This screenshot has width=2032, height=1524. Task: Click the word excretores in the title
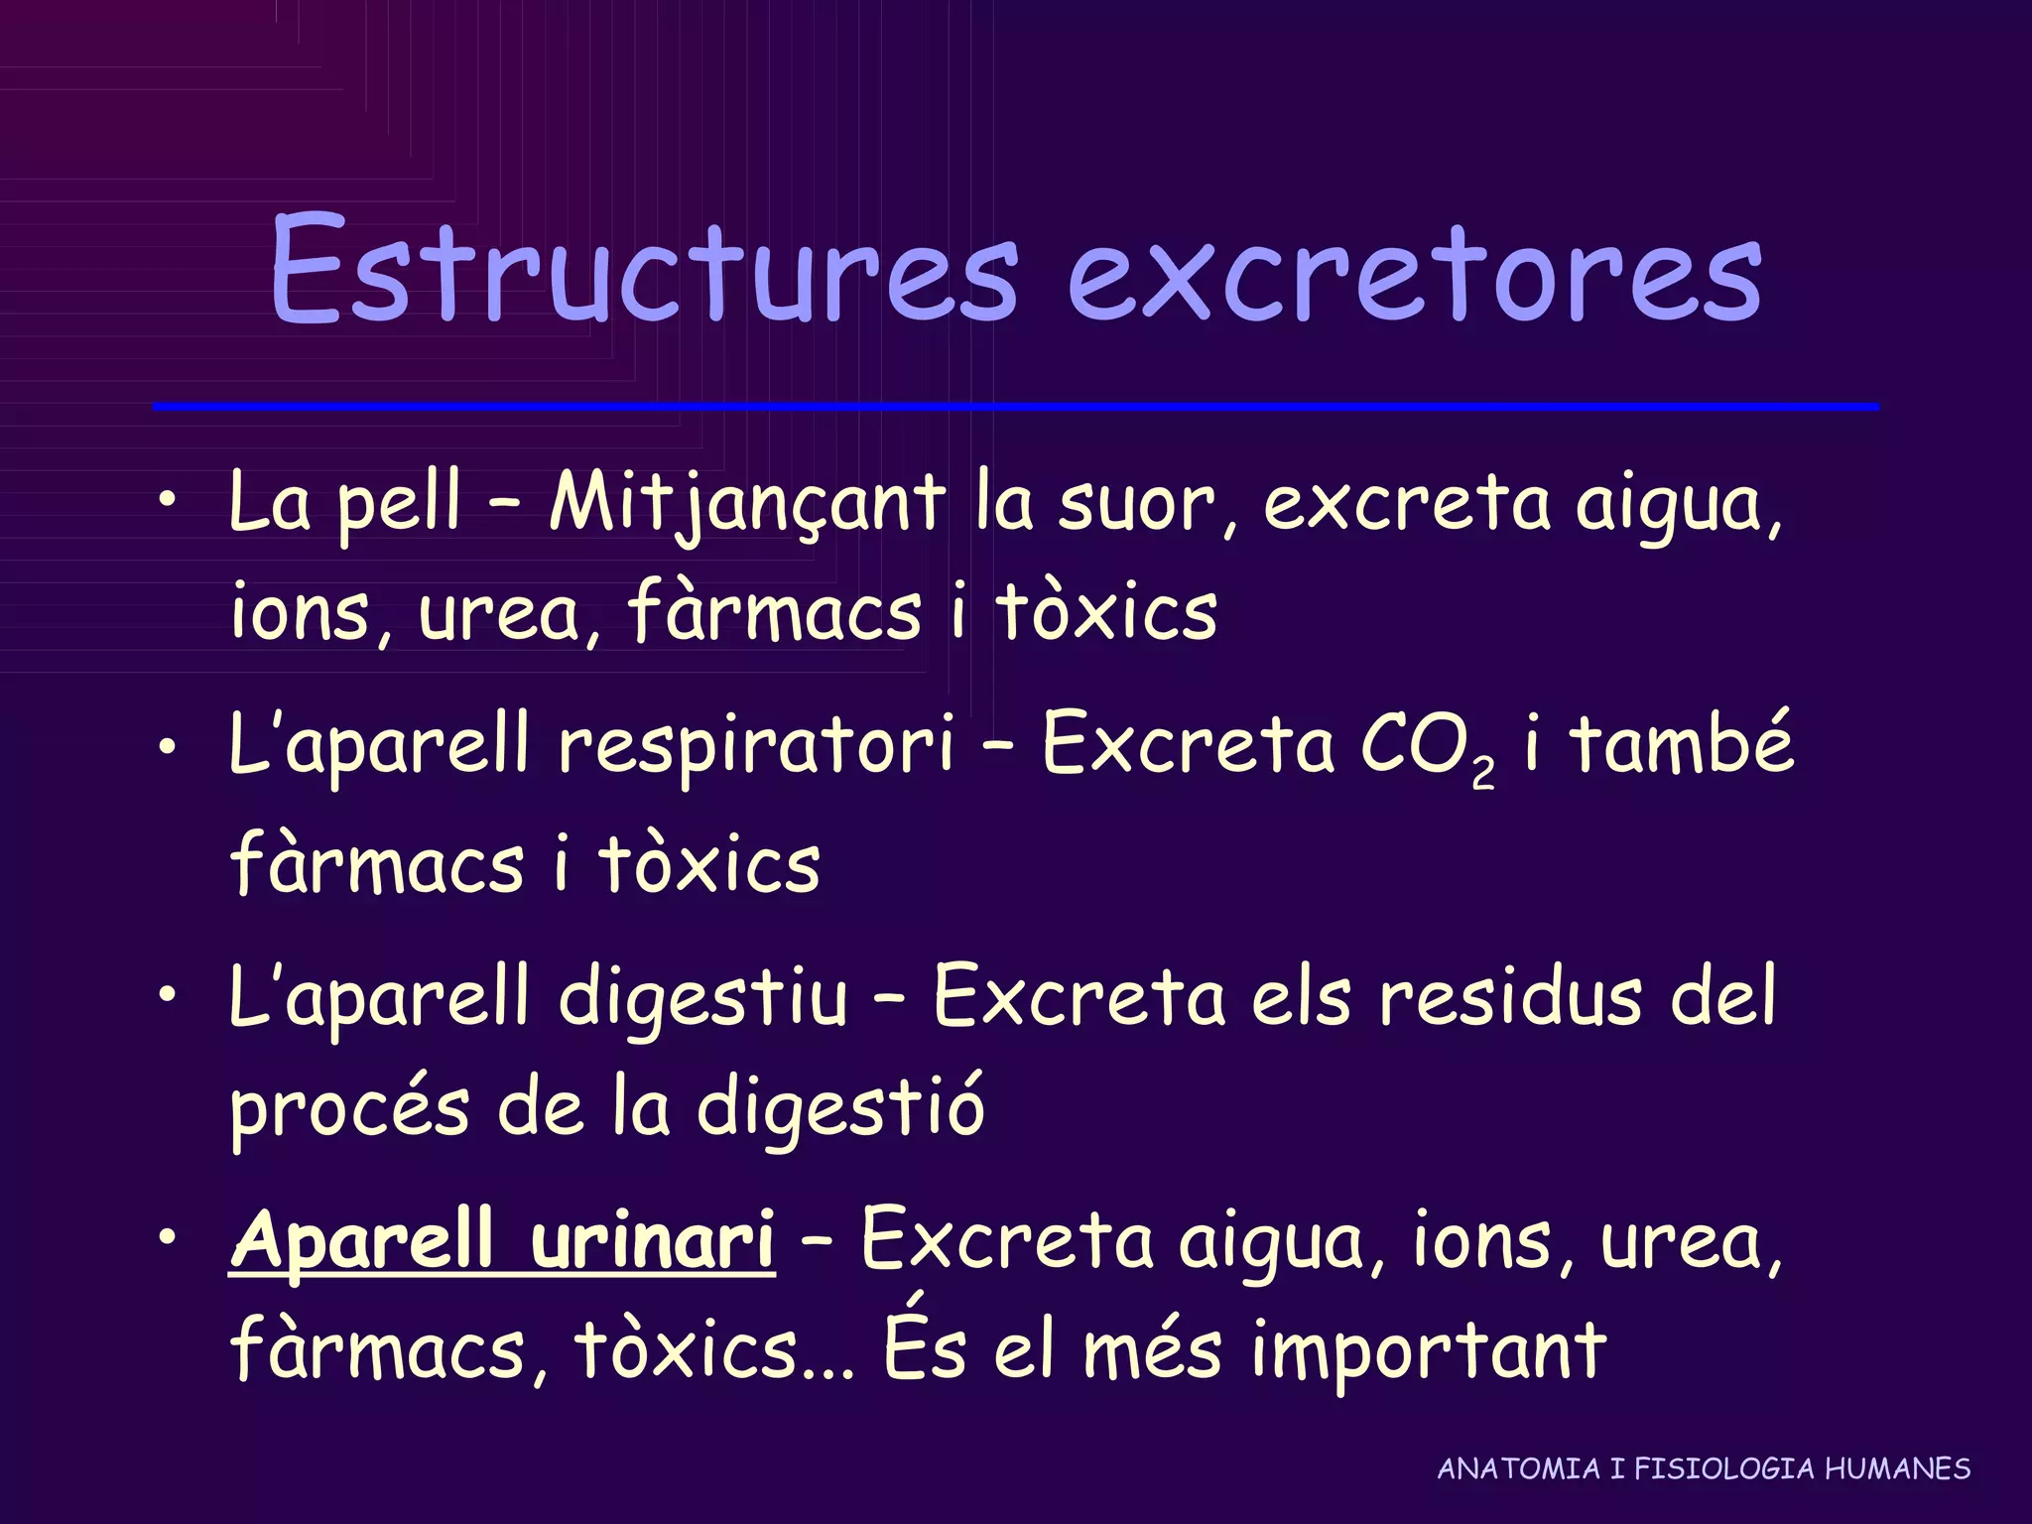[x=1414, y=274]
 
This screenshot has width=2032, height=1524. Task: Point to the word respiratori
[x=755, y=746]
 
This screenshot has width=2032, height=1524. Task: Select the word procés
[x=349, y=1109]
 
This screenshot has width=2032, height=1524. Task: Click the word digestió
[x=839, y=1109]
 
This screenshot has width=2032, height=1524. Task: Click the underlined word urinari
[x=652, y=1240]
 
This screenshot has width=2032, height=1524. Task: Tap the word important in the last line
[x=1428, y=1350]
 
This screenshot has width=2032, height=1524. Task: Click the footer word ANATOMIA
[x=1519, y=1468]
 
